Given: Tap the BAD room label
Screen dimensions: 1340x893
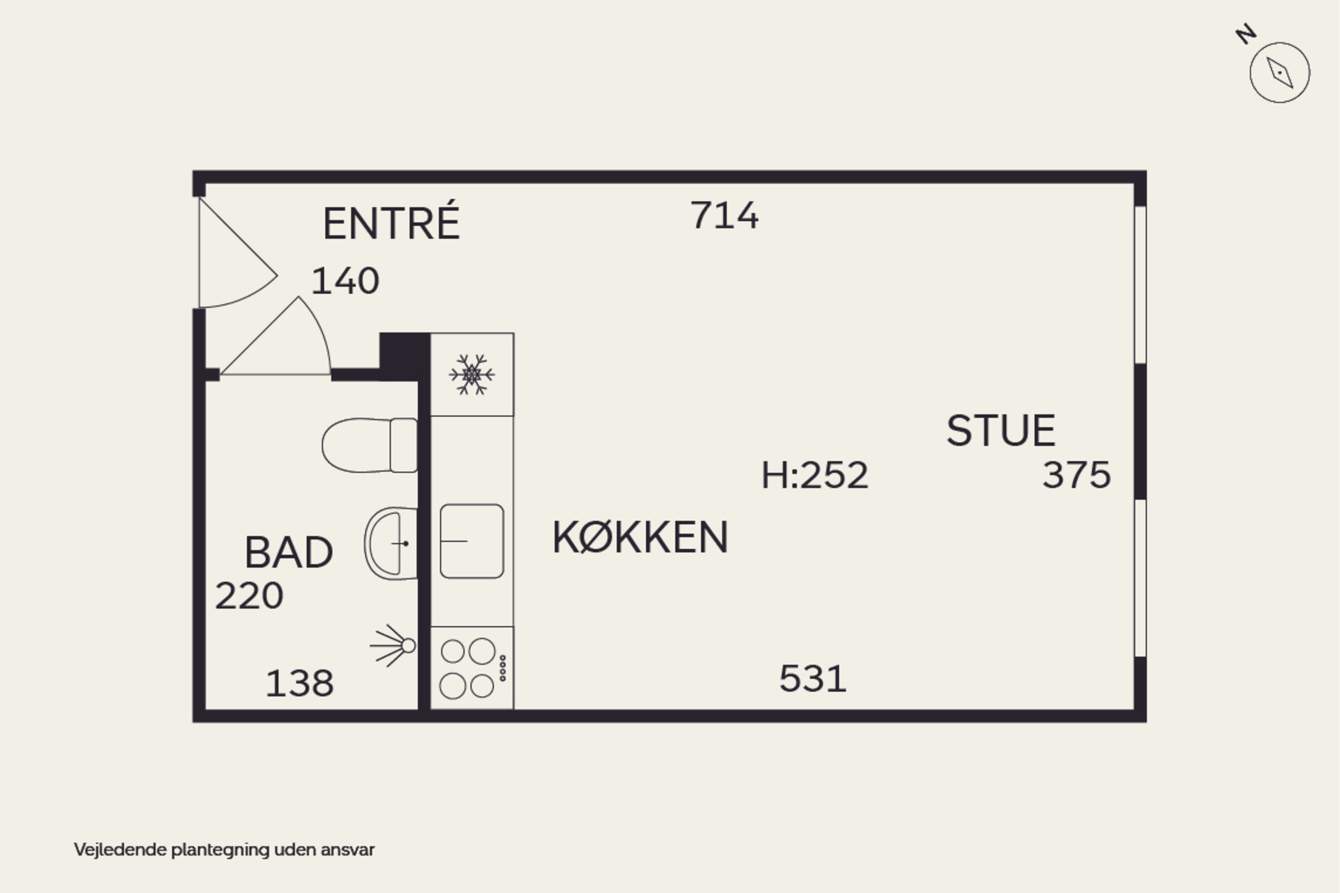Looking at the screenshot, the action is [289, 552].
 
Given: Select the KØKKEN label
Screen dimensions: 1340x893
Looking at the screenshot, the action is [641, 537].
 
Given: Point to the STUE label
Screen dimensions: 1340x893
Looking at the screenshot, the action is [1001, 430].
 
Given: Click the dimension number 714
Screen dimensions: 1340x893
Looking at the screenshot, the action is [724, 215].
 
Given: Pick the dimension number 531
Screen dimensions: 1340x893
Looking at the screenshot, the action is [813, 678].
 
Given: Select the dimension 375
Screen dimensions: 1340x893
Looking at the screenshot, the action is [1076, 475].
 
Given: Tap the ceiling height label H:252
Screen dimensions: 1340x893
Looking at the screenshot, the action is [815, 475].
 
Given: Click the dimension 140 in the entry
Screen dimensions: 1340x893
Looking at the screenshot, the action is [345, 281].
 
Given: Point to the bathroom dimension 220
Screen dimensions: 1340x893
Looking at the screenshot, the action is [249, 596].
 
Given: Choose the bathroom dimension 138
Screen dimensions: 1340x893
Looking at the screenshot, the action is [300, 684].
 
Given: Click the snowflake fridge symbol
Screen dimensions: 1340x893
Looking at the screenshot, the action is [472, 374].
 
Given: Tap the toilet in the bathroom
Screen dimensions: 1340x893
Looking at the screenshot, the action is [369, 445].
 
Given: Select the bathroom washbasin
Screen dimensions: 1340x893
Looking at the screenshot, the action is [391, 543].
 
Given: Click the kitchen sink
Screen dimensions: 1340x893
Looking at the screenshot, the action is [472, 541].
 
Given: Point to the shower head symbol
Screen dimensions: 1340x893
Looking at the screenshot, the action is [393, 646].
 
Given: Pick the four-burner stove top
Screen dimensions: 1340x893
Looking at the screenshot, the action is [472, 668].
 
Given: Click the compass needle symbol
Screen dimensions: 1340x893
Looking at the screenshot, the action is [1280, 72].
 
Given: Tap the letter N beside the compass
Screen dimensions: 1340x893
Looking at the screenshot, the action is [1246, 34].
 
